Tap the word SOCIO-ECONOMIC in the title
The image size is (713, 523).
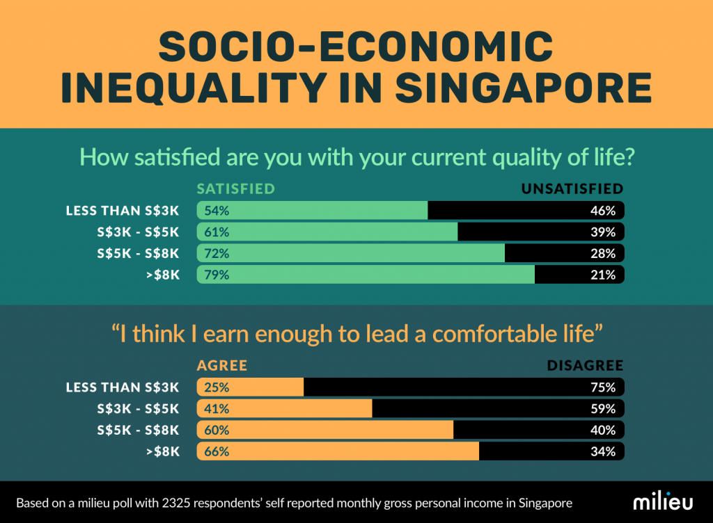tap(356, 47)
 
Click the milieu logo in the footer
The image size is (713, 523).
tap(662, 502)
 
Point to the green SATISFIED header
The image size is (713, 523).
tap(236, 189)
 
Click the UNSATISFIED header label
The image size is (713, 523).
tap(572, 189)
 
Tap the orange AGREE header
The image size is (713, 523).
tap(222, 366)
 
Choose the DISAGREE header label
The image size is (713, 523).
tap(585, 366)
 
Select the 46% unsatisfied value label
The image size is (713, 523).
tap(603, 211)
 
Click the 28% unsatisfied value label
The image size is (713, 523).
tap(603, 254)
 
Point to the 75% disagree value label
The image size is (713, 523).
tap(603, 387)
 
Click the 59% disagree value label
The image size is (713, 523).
tap(603, 408)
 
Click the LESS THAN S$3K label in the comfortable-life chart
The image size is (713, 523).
tap(123, 387)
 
